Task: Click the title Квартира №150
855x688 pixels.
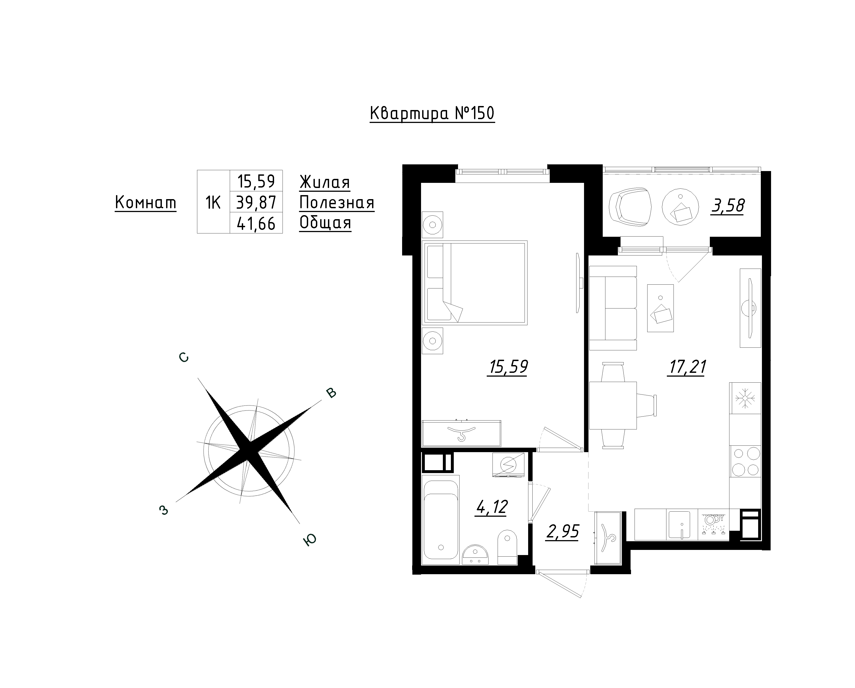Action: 432,113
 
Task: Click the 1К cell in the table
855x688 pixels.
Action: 213,203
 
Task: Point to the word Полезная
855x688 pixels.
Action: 337,203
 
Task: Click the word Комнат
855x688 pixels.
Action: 146,203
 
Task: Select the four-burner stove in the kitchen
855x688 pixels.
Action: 745,461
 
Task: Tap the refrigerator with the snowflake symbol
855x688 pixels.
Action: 745,398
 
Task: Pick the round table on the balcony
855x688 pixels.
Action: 680,207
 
